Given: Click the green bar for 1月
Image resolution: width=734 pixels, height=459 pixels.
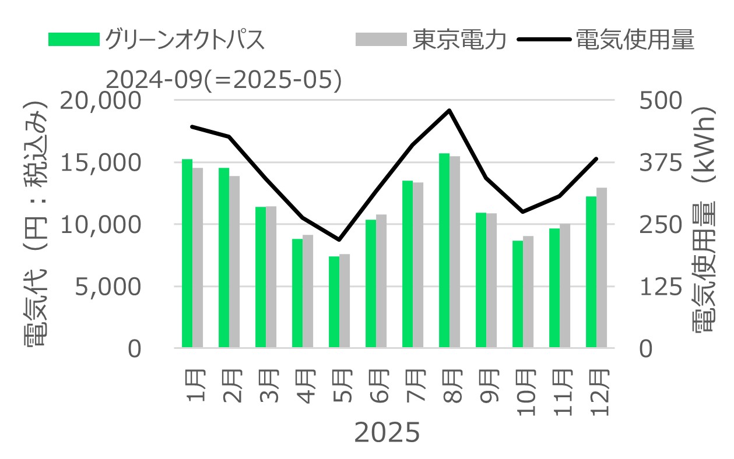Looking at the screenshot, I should coord(187,253).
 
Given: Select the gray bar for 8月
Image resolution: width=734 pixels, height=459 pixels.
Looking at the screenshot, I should coord(455,252).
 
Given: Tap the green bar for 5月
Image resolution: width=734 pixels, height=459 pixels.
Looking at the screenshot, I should coord(334,302).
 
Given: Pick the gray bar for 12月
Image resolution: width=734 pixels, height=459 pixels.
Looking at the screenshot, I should coord(602,268).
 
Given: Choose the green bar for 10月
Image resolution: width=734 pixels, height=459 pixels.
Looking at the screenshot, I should coord(518,294).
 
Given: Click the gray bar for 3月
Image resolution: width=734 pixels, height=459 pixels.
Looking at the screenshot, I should coord(271,277).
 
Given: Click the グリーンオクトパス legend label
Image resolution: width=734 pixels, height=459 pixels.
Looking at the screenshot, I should coord(185,40).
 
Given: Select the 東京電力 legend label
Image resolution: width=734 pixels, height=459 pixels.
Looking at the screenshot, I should coord(460,40).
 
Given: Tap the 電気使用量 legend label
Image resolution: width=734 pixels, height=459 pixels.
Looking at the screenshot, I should coord(635,40).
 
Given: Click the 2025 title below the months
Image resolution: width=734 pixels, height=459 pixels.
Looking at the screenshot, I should coord(387,433).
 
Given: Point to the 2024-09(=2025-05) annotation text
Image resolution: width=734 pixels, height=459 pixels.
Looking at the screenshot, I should coord(224,80).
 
